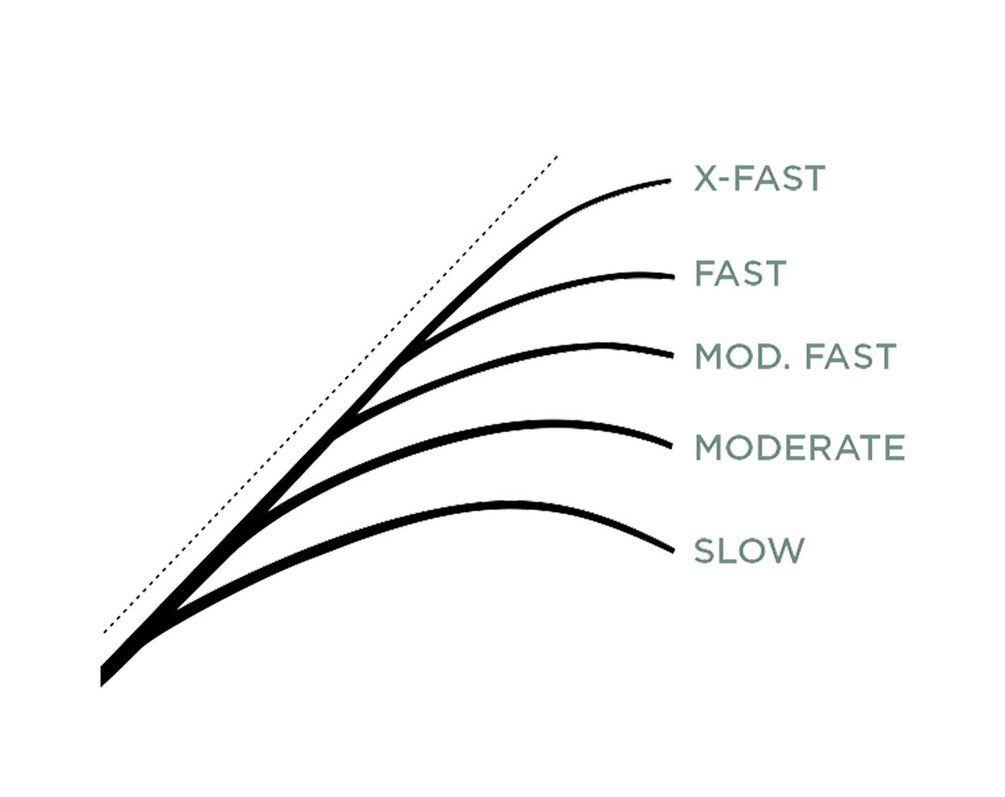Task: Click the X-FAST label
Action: [x=759, y=178]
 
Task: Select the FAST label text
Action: [x=740, y=273]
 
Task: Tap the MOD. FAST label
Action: [x=795, y=357]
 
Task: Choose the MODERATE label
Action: [x=799, y=448]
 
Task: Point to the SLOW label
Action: [x=748, y=551]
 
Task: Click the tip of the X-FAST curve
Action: [x=670, y=181]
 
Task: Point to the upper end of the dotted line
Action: [x=557, y=157]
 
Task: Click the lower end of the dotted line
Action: [x=104, y=633]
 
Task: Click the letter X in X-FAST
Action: [x=704, y=178]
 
